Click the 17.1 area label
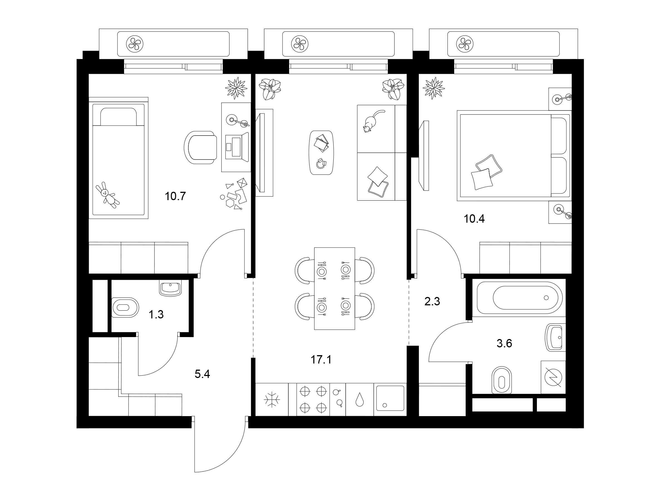[321, 360]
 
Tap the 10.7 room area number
[175, 197]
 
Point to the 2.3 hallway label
[432, 301]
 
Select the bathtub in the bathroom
[519, 298]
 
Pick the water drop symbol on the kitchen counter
[359, 399]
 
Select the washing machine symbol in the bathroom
[553, 377]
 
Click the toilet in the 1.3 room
[125, 308]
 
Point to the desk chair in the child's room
[200, 148]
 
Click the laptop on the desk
[237, 146]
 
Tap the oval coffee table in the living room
[322, 153]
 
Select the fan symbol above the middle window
[299, 44]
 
